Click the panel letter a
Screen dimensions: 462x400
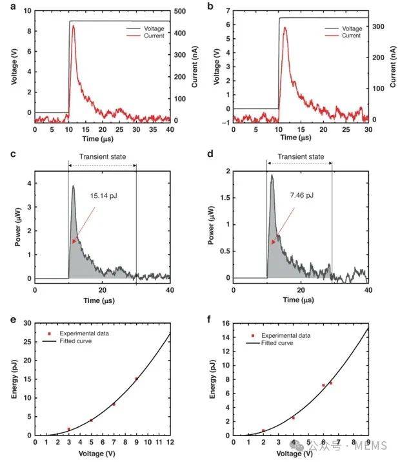coord(5,6)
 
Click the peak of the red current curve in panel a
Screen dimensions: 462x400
coord(74,26)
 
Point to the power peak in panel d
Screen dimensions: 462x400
coord(272,175)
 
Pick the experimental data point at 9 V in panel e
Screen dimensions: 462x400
coord(136,378)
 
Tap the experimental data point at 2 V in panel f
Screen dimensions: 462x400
coord(264,430)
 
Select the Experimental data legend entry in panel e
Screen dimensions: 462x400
coord(83,333)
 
